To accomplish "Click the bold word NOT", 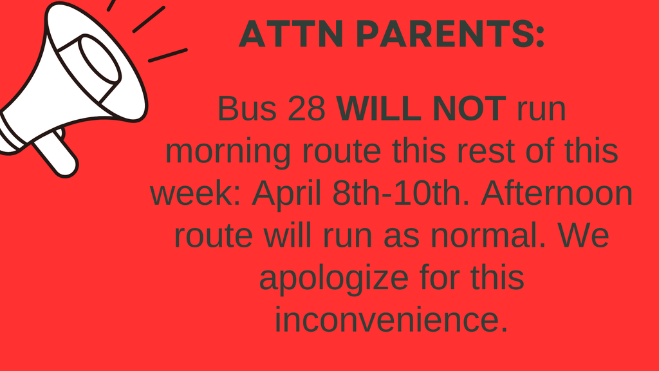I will (469, 109).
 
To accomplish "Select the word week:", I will (196, 194).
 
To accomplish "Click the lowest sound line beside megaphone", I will (167, 55).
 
